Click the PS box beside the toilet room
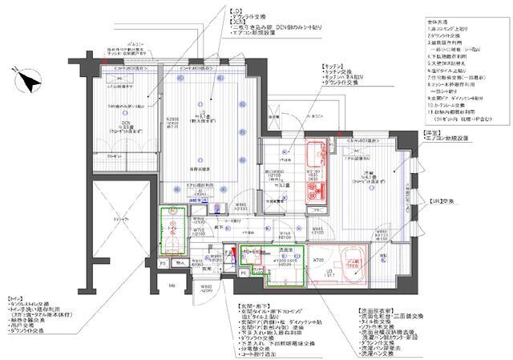163,262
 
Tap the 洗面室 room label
273,249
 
